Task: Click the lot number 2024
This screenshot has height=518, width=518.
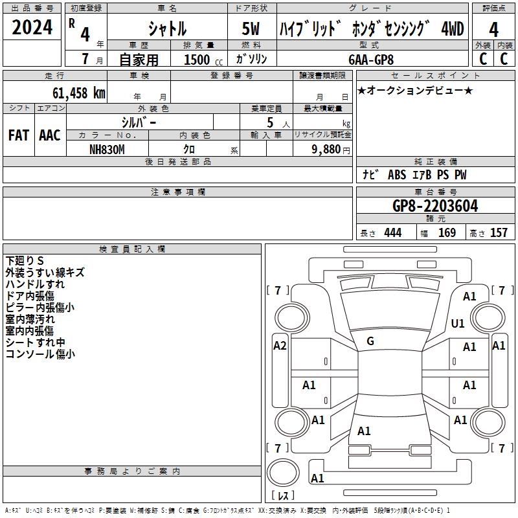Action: tap(32, 28)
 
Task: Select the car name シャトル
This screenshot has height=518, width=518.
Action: tap(166, 29)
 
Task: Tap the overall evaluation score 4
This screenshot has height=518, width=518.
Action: tap(494, 29)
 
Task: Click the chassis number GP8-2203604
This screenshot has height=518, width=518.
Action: tap(435, 206)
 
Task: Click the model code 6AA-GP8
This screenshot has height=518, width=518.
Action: tap(370, 59)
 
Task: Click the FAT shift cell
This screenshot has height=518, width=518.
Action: tap(18, 135)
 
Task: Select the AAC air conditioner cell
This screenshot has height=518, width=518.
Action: tap(49, 135)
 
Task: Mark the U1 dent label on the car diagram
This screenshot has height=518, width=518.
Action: tap(458, 323)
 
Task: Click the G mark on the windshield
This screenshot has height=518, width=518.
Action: tap(370, 341)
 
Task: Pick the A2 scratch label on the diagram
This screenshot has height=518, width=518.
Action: tap(280, 346)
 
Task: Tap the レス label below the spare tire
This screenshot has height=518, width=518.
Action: tap(283, 495)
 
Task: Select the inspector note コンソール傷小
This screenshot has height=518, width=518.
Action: tap(39, 354)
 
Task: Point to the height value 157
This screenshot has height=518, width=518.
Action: tap(499, 233)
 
